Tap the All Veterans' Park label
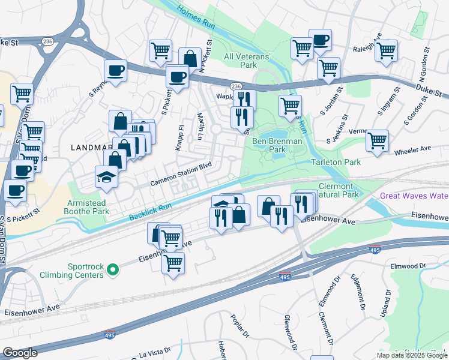tap(248, 61)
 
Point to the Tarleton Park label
tap(336, 162)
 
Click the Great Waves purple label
tap(414, 196)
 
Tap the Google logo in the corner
tap(20, 353)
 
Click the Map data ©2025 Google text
tap(412, 355)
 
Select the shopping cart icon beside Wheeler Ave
tap(377, 141)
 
